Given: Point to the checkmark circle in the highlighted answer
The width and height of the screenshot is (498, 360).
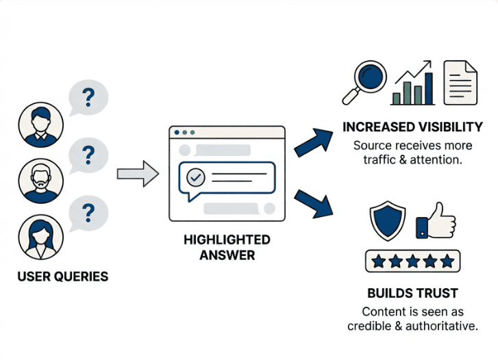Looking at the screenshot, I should point(197,177).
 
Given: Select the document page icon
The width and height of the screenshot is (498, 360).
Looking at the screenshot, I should point(460,82).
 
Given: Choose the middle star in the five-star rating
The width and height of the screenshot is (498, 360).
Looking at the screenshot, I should point(413,261).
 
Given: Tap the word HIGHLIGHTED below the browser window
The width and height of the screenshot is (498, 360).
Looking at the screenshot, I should point(227,240).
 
